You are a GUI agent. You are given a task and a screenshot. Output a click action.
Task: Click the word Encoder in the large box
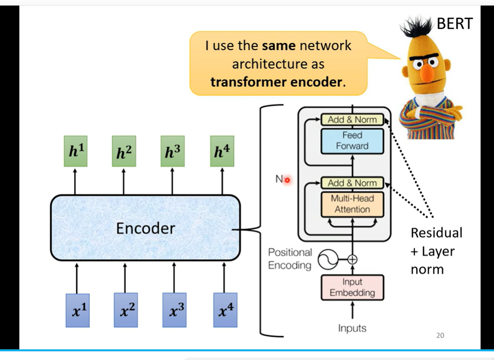click(x=146, y=228)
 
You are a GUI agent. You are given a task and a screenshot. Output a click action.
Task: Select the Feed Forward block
click(x=352, y=141)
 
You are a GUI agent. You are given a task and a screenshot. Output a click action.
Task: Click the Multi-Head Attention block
click(x=352, y=204)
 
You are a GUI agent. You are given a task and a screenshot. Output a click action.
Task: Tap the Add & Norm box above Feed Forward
click(x=352, y=120)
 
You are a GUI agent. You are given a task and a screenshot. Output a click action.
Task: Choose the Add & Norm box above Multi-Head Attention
click(x=352, y=183)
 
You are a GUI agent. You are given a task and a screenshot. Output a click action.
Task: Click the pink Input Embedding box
click(x=352, y=287)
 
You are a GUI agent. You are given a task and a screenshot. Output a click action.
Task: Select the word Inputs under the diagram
click(x=352, y=328)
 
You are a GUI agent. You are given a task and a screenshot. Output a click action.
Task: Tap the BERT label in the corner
click(x=454, y=24)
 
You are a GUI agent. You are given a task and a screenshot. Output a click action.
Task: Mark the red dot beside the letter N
click(x=287, y=180)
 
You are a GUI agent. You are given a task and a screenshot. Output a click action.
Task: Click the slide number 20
click(x=440, y=336)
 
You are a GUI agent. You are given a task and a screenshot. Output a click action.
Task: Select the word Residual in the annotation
click(x=436, y=232)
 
